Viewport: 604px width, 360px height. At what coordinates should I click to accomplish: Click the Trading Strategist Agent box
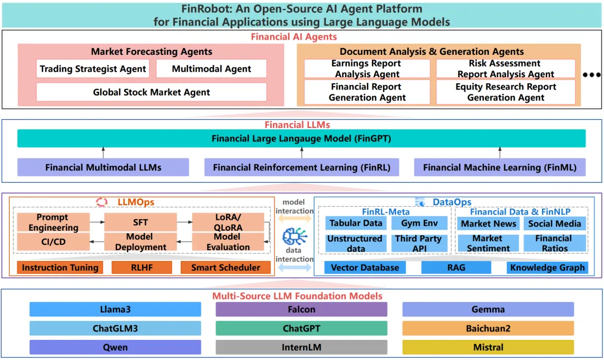click(93, 69)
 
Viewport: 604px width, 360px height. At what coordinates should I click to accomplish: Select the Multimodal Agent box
click(211, 69)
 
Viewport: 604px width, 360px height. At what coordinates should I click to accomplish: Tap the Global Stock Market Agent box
click(152, 92)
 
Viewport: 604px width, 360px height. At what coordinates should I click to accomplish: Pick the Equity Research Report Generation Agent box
click(506, 92)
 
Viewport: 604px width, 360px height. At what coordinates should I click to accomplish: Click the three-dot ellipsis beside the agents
click(591, 75)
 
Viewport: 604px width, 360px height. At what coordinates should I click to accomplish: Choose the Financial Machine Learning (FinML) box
click(500, 167)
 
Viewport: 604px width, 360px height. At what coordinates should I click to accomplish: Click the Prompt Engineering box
click(53, 222)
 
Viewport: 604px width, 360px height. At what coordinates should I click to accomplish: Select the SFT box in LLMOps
click(140, 222)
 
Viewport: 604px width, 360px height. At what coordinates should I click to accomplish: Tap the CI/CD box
click(53, 242)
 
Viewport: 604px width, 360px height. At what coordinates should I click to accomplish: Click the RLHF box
click(141, 268)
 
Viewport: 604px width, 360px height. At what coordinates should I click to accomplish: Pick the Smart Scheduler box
click(225, 268)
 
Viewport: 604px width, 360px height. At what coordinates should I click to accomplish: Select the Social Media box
click(554, 224)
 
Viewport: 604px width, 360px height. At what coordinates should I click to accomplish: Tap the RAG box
click(456, 268)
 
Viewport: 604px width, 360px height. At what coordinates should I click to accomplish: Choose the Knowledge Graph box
click(547, 268)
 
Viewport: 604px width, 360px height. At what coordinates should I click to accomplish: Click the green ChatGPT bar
click(301, 328)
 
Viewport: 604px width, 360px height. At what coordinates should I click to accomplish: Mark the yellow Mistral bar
click(488, 347)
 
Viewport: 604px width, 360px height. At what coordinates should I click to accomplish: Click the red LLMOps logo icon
click(102, 202)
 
